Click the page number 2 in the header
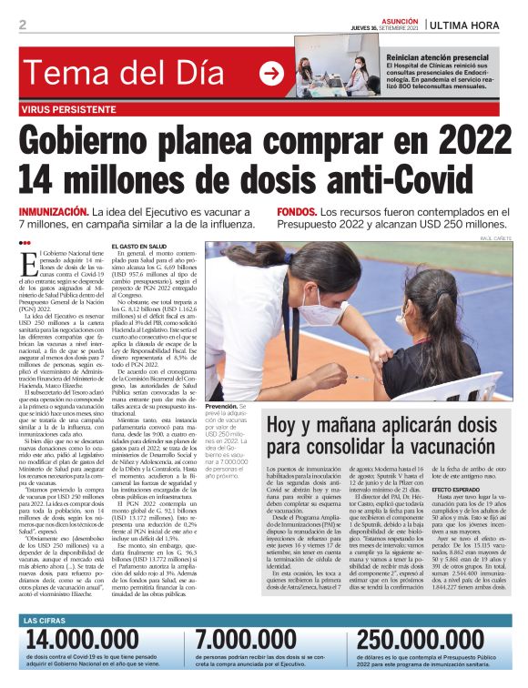coord(22,25)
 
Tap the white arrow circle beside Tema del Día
coord(270,73)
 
